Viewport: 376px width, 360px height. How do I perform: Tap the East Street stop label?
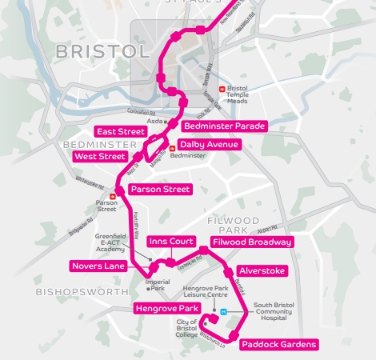tap(120, 131)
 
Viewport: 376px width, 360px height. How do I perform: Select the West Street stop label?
tap(99, 157)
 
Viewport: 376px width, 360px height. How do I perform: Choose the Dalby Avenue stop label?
tap(208, 144)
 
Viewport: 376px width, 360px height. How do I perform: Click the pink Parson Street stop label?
tap(160, 190)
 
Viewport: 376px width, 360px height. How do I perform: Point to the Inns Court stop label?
tap(171, 241)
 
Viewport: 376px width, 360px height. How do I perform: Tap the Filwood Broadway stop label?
tap(252, 242)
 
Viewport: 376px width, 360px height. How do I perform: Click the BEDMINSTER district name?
tap(78, 144)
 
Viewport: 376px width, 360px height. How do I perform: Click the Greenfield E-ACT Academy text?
tap(107, 242)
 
